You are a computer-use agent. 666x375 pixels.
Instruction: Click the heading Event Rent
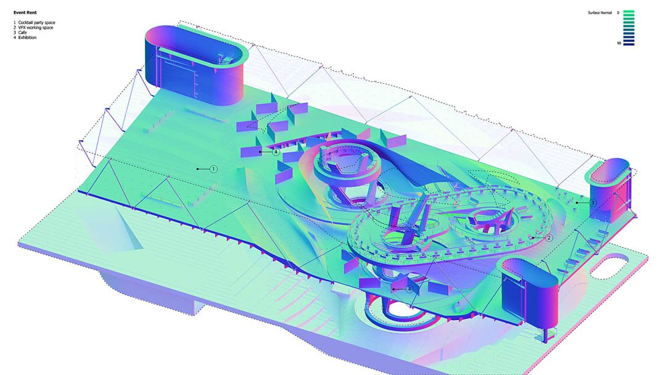tap(25, 13)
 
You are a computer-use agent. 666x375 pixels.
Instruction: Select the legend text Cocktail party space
tap(36, 22)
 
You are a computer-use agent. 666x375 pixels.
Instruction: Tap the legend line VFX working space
tap(36, 28)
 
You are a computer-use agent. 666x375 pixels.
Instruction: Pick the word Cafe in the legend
tap(23, 33)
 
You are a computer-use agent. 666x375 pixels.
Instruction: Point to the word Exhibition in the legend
tap(27, 38)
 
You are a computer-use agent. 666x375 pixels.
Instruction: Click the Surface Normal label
tap(600, 13)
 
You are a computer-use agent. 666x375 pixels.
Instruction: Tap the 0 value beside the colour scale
tap(618, 13)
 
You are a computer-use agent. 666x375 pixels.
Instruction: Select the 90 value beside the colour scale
tap(619, 43)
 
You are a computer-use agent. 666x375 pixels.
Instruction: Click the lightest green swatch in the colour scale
tap(628, 12)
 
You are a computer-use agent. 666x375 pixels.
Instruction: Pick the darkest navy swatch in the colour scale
tap(628, 44)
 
